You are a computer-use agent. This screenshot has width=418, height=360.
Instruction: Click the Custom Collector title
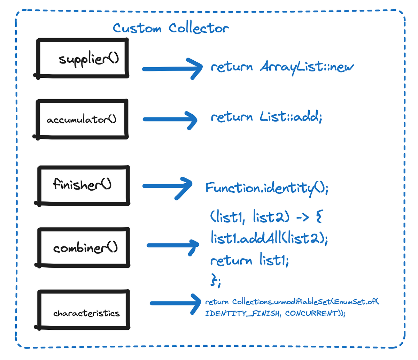[171, 28]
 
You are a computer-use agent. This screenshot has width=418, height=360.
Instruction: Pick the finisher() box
[84, 185]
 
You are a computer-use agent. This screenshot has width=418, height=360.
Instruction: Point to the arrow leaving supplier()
[172, 69]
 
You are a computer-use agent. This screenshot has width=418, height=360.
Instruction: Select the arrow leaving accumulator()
[170, 120]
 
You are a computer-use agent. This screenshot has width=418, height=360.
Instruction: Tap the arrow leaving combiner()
[172, 245]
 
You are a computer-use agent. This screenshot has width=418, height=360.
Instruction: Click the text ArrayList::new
[307, 67]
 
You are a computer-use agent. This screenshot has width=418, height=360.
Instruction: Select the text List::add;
[291, 117]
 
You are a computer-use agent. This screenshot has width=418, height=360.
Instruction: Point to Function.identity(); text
[266, 188]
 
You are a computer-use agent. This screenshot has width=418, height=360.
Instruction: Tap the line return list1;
[249, 260]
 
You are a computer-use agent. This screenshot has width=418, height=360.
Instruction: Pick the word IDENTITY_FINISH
[242, 313]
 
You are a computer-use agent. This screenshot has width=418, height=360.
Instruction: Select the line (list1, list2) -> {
[267, 217]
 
